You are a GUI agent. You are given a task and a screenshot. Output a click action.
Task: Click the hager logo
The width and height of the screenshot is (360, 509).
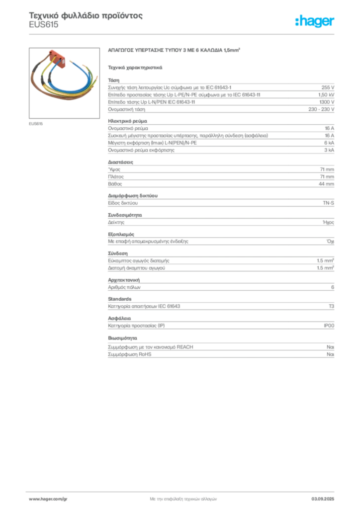point(315,21)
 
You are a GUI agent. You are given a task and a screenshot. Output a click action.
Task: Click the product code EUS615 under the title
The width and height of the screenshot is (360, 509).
point(43,25)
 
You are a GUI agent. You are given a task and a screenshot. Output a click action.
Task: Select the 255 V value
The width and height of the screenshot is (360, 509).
point(328,87)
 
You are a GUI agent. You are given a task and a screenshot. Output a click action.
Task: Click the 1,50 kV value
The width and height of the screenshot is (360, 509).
point(326,95)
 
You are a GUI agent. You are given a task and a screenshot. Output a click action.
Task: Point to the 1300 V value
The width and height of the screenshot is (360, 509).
point(327,102)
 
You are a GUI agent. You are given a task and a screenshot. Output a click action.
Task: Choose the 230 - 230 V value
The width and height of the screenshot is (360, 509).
point(321,109)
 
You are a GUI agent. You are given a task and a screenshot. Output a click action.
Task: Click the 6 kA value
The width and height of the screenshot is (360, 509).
point(329,143)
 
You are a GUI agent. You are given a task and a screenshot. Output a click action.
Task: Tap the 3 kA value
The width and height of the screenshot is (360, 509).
point(329,150)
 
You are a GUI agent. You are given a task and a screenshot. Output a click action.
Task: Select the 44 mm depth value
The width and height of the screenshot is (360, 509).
point(326,184)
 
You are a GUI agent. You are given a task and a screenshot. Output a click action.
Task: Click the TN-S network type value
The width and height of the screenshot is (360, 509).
point(329,203)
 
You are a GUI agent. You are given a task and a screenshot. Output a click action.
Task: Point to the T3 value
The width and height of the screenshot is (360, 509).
point(332,306)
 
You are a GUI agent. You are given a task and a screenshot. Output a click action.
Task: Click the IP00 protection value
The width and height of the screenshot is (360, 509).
point(329,326)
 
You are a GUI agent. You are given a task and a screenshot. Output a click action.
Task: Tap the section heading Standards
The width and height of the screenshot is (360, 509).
point(120,299)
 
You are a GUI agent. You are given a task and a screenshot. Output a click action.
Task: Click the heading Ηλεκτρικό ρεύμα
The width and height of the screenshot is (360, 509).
point(128,121)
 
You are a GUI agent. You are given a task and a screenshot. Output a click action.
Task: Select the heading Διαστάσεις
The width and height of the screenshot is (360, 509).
point(120,162)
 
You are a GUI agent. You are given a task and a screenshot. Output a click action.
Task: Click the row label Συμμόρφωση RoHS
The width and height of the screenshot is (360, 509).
point(129,354)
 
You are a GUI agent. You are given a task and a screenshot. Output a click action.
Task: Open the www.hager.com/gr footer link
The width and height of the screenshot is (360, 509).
point(48,499)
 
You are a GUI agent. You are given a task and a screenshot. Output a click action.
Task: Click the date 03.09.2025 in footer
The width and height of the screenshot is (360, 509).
point(323,499)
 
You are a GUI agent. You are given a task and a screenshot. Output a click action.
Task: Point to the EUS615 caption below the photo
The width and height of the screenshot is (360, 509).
point(36,124)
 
